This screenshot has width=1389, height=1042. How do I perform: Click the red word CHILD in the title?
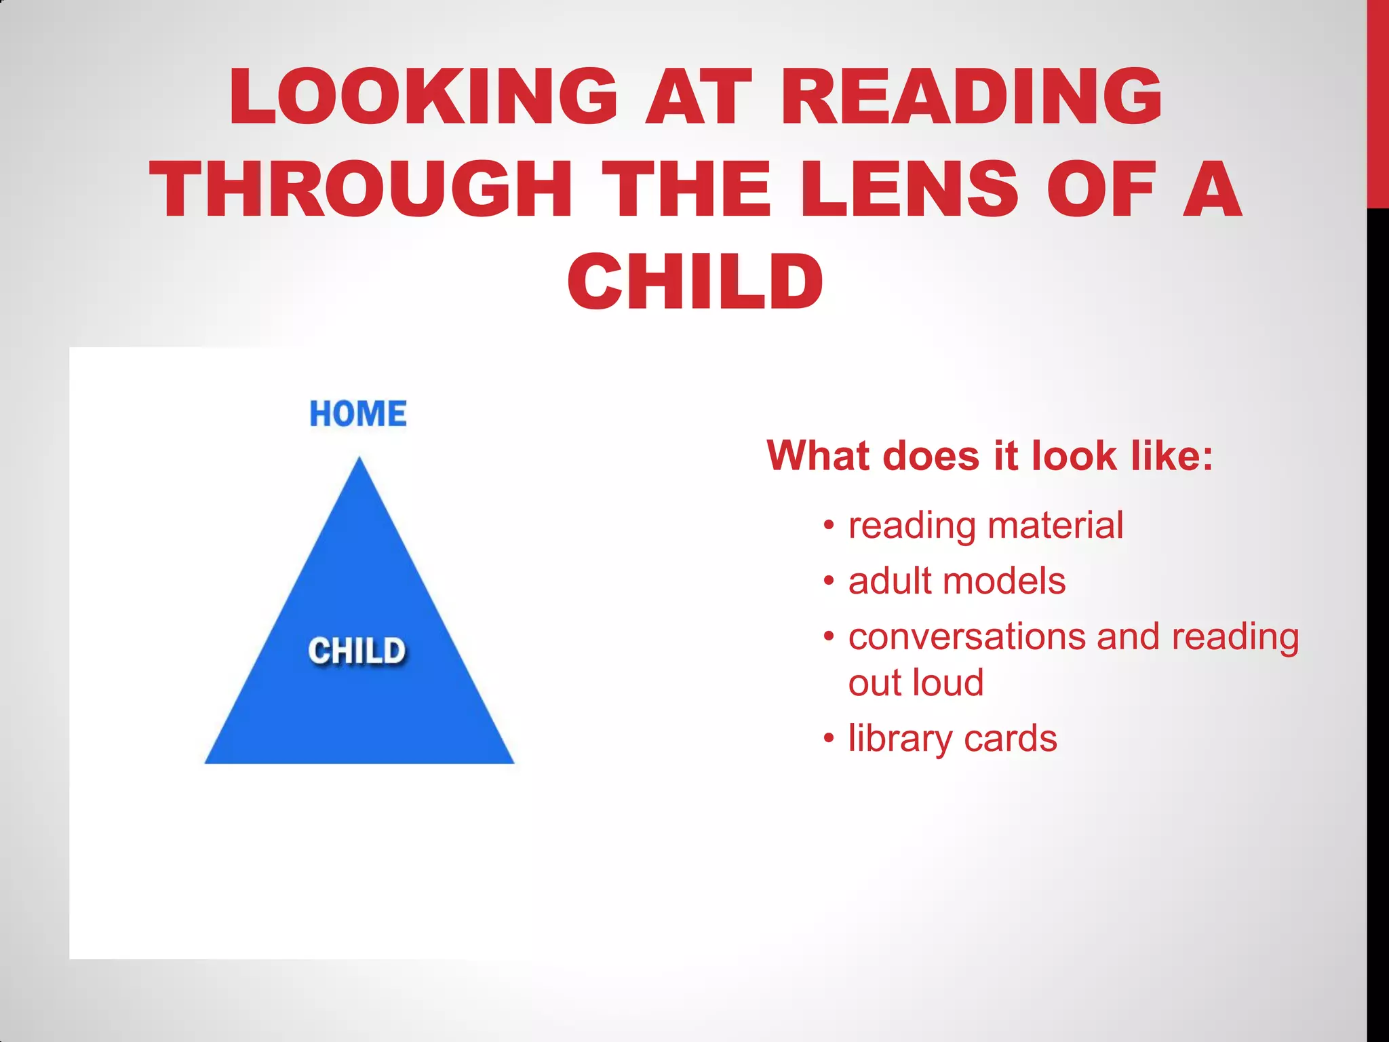pos(695,282)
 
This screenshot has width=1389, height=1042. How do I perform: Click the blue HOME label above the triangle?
pos(358,414)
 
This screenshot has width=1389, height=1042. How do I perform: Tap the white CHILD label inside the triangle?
pos(357,651)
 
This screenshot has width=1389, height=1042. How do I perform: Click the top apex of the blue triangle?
pos(359,460)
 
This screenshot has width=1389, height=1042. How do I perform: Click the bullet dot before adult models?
pos(828,582)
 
